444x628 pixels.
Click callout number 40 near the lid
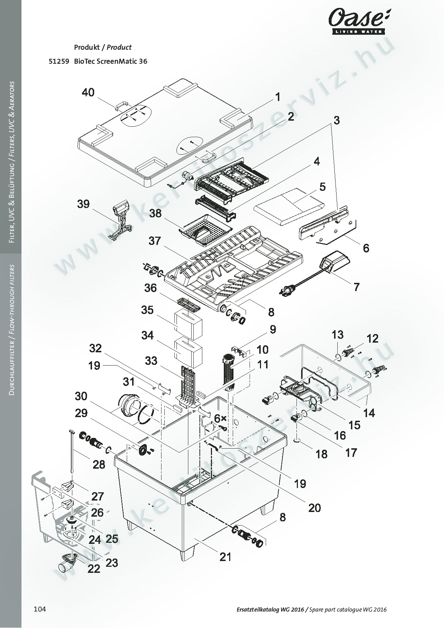88,93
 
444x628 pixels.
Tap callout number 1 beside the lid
277,97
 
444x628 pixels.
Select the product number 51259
59,61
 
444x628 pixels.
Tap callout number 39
83,204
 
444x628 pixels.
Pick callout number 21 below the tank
225,557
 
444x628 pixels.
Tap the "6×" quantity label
220,418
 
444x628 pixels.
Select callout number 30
81,396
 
